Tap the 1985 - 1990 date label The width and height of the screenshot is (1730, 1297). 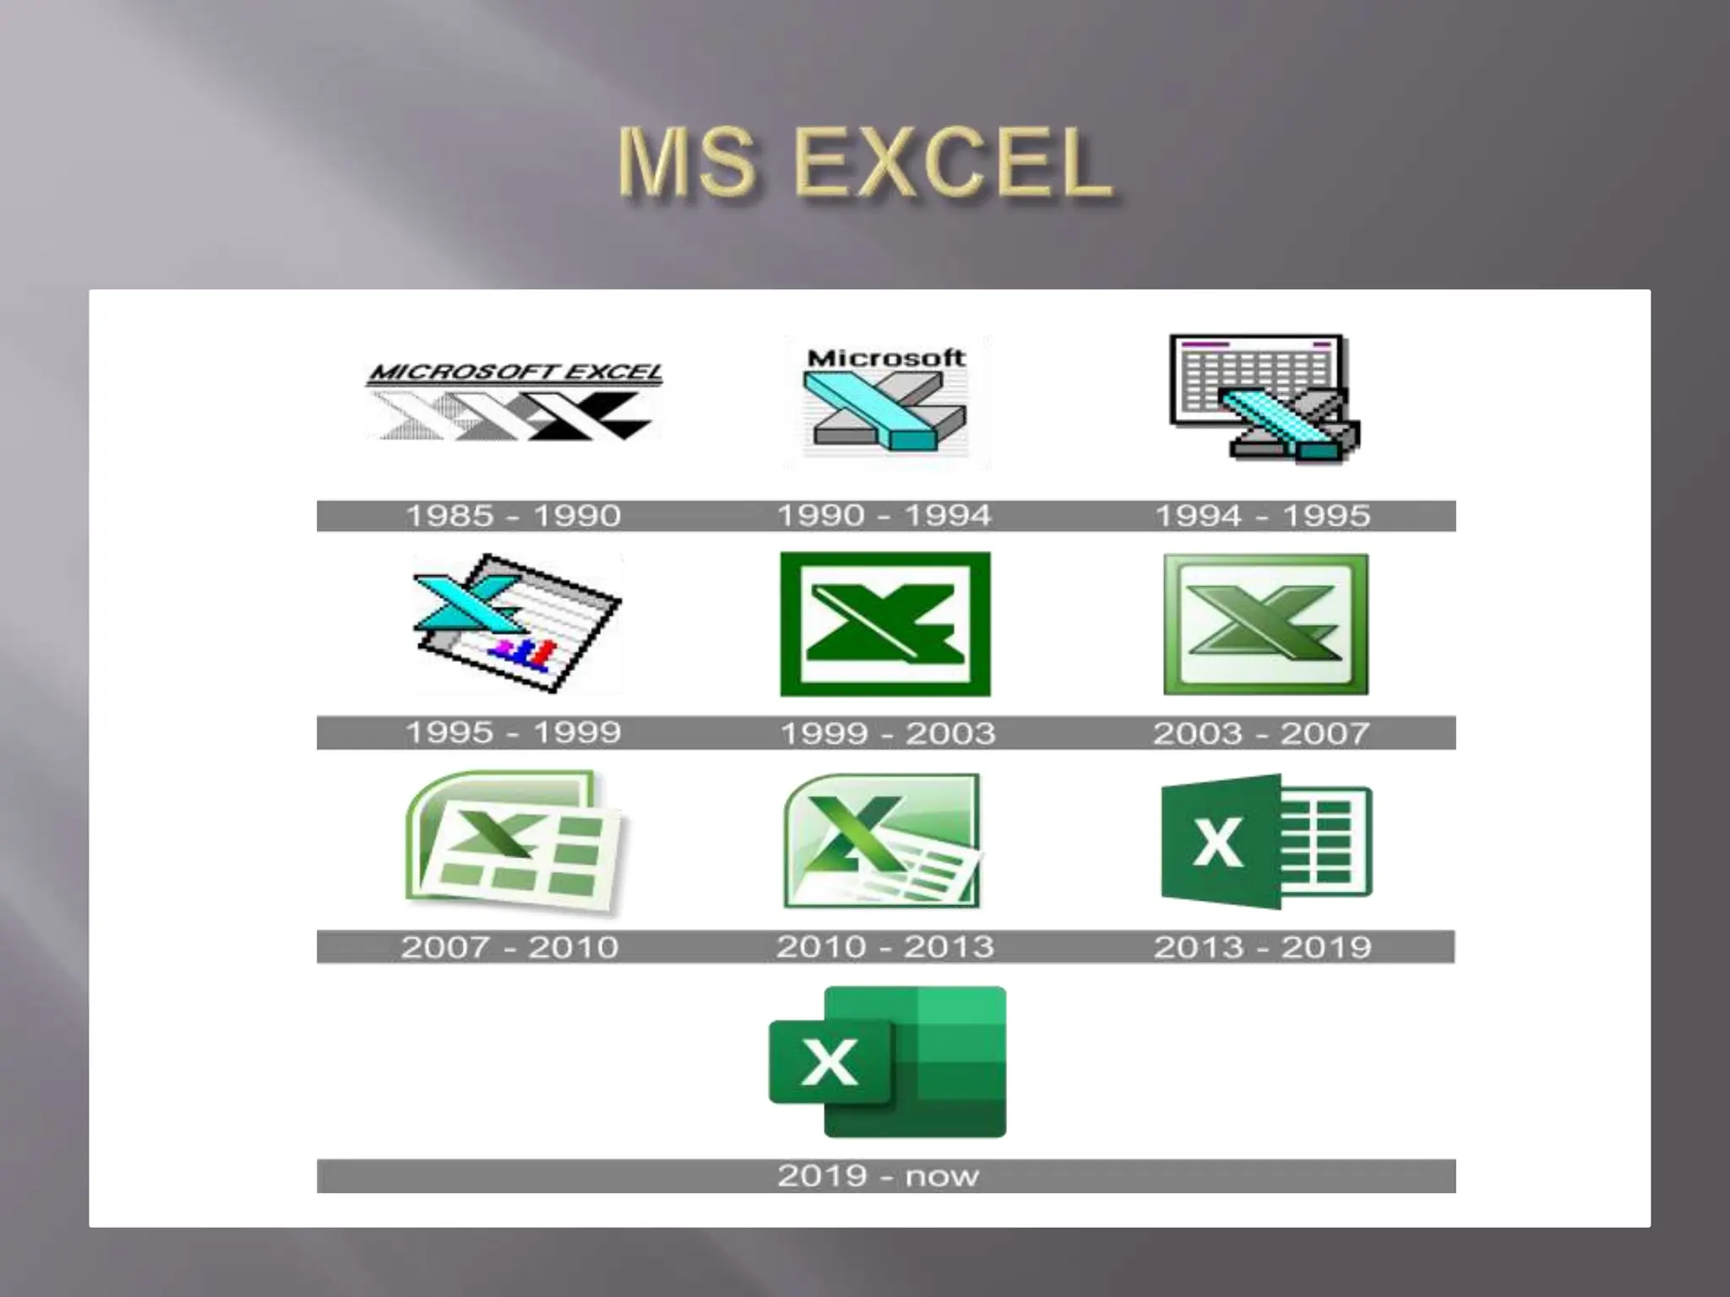coord(513,516)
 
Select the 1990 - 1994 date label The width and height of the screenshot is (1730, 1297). coord(884,516)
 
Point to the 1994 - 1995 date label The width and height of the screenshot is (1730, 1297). coord(1262,516)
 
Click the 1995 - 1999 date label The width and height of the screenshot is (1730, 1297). coord(513,732)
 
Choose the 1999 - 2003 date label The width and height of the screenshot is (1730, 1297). coord(887,733)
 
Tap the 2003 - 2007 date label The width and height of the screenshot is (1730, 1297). coord(1261,733)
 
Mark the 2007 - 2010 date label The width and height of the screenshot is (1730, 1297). coord(509,947)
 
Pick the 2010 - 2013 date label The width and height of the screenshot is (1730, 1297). coord(884,947)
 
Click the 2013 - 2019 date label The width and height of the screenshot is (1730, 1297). coord(1262,947)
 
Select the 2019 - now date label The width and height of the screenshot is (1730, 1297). coord(878,1175)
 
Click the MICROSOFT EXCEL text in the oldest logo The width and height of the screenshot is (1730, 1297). coord(515,372)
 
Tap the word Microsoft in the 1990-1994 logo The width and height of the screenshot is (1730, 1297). coord(885,358)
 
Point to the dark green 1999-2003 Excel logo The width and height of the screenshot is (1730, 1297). coord(885,624)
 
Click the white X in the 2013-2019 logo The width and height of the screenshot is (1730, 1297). coord(1217,842)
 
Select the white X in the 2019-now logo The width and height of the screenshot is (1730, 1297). coord(829,1061)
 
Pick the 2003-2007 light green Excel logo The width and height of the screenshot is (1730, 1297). coord(1265,624)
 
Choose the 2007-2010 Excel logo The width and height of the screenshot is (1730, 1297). coord(514,843)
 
